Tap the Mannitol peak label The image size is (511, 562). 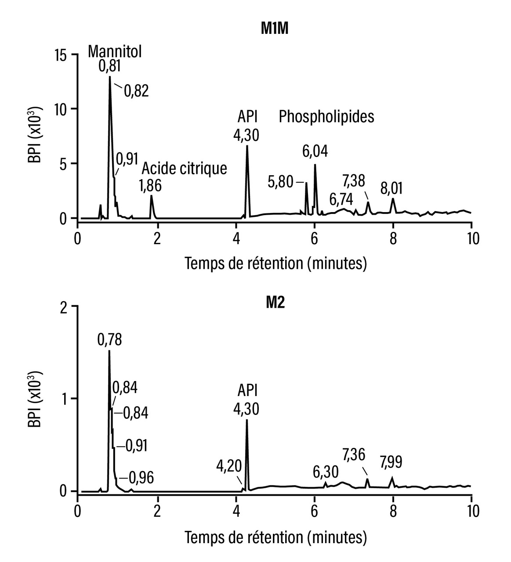pyautogui.click(x=115, y=51)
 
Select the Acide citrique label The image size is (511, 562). pyautogui.click(x=184, y=168)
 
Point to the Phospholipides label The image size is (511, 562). pyautogui.click(x=326, y=117)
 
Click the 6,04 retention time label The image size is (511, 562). pyautogui.click(x=315, y=151)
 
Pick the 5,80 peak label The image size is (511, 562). pyautogui.click(x=280, y=182)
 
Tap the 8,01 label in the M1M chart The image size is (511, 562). pyautogui.click(x=391, y=190)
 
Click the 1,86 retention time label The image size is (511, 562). pyautogui.click(x=150, y=186)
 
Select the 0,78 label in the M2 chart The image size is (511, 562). pyautogui.click(x=109, y=339)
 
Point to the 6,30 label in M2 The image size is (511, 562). pyautogui.click(x=326, y=472)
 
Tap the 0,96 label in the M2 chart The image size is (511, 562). pyautogui.click(x=141, y=478)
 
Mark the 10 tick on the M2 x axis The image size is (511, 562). pyautogui.click(x=471, y=512)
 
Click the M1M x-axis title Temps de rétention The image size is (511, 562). pyautogui.click(x=275, y=263)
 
